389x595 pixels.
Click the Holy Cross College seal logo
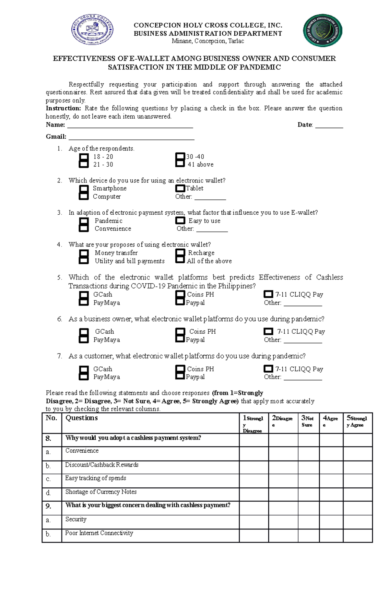coord(92,30)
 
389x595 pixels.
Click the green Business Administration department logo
coord(322,30)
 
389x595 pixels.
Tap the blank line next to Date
coord(329,125)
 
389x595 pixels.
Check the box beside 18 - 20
coord(84,157)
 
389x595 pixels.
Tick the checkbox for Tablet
coord(180,188)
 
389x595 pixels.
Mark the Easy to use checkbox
coord(180,221)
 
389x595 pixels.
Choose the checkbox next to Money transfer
coord(84,253)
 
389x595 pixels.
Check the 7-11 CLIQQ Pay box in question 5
coord(268,294)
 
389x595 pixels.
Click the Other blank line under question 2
coord(210,197)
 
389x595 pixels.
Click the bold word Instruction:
coord(63,108)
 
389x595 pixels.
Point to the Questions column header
coord(81,418)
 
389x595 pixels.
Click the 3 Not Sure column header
coord(308,422)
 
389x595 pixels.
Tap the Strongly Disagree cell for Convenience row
coord(253,453)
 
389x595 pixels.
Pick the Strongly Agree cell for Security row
coord(358,522)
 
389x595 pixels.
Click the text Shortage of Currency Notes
coord(101,492)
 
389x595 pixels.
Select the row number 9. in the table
coord(48,506)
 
